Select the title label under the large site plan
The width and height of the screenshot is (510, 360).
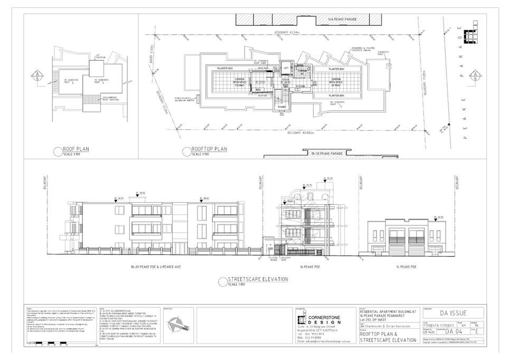pos(209,149)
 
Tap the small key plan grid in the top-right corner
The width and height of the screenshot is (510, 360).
pos(467,34)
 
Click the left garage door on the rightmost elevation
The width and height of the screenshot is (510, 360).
pos(399,238)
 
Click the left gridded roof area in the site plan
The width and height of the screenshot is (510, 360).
pos(240,82)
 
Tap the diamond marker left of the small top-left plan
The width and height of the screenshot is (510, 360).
pos(36,75)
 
